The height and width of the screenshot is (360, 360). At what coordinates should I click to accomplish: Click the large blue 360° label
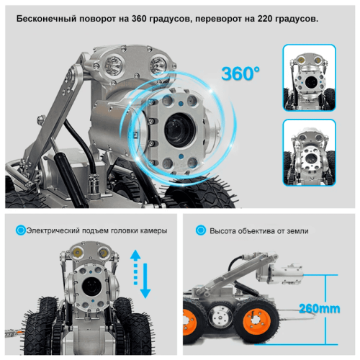coord(240,74)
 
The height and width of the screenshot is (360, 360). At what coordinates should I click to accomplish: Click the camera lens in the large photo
coord(177,129)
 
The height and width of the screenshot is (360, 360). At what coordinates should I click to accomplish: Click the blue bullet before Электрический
coord(20,231)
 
